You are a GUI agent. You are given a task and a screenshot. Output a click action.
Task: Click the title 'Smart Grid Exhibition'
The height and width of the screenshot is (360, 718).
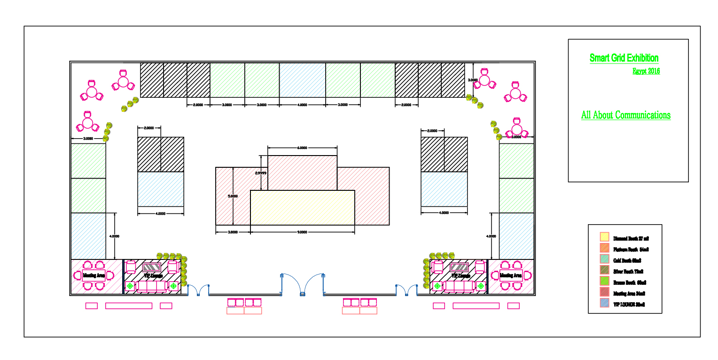(x=624, y=58)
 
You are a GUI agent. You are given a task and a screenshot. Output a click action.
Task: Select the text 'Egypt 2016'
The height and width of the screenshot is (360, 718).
(x=646, y=71)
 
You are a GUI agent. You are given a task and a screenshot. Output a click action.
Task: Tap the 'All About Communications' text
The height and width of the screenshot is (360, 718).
(x=625, y=115)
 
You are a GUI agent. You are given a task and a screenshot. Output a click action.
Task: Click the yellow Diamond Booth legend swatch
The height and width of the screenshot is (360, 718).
(x=604, y=237)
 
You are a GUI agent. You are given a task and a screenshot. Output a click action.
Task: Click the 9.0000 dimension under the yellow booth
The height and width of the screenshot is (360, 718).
(x=302, y=232)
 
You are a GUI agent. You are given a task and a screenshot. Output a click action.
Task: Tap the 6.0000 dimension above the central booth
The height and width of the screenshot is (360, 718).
(x=302, y=148)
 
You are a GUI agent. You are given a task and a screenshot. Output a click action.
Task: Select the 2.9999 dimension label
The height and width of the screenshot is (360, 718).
(x=261, y=173)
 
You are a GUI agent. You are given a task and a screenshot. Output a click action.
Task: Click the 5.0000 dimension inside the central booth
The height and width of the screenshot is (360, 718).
(x=233, y=196)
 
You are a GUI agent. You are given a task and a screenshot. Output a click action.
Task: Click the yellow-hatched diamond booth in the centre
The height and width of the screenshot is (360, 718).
(x=302, y=207)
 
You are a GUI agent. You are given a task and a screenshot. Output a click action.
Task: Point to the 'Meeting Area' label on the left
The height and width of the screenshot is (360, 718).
(x=94, y=275)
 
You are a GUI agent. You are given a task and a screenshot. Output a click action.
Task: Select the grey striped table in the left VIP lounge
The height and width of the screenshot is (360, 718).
(x=152, y=267)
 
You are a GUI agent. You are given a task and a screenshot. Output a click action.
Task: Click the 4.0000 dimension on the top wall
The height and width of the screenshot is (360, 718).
(x=302, y=105)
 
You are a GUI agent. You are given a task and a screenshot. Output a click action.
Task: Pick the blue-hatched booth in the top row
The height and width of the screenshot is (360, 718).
(x=302, y=80)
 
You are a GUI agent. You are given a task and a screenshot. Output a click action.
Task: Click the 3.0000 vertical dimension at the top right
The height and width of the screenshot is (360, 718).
(x=473, y=80)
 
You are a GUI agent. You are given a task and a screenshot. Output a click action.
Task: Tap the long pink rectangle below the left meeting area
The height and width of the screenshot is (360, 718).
(x=128, y=306)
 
